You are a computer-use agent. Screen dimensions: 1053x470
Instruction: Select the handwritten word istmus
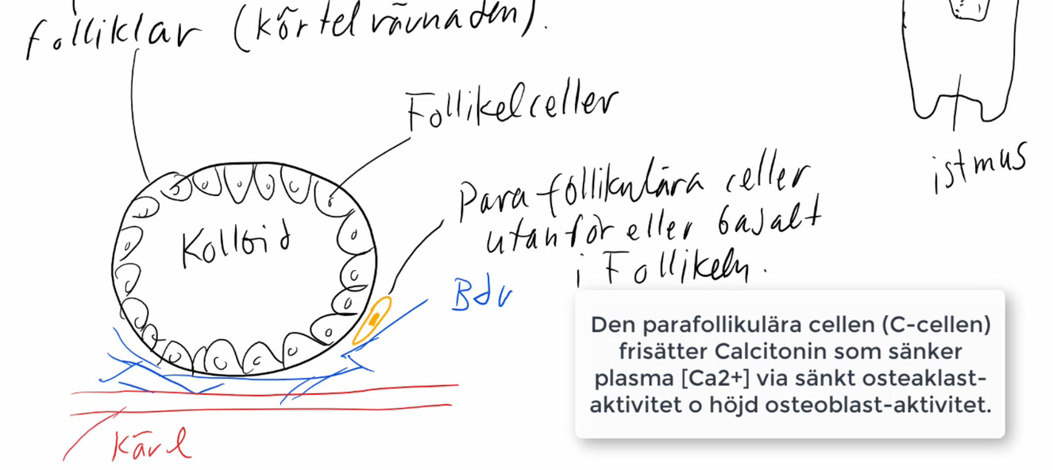[x=978, y=168]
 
